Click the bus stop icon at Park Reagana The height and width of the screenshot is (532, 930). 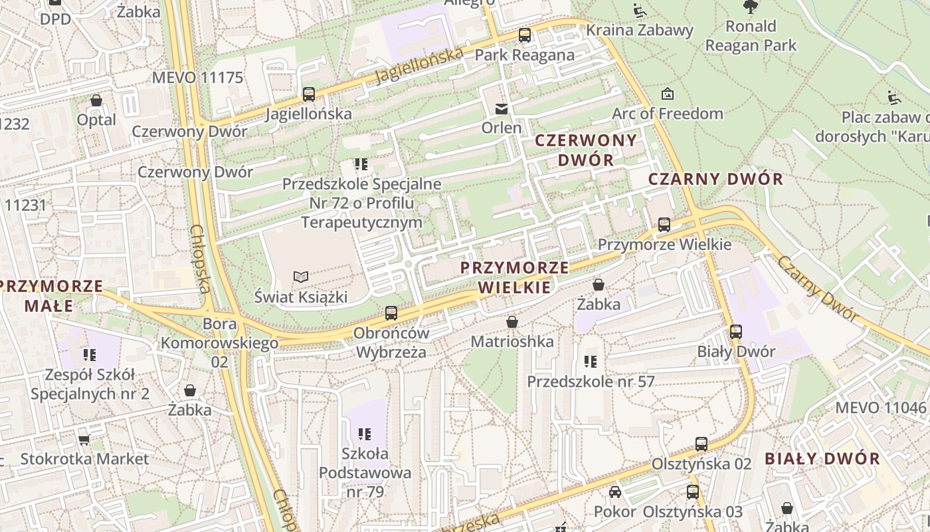[525, 35]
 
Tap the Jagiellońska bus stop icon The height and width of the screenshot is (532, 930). [309, 94]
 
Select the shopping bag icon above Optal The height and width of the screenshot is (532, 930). [96, 100]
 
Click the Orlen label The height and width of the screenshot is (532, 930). [502, 127]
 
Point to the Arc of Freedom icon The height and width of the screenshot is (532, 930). [668, 94]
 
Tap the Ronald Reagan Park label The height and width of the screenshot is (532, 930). [751, 36]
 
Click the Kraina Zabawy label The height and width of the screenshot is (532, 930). [640, 30]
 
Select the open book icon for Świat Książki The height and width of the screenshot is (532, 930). [301, 277]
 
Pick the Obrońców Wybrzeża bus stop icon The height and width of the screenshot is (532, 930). [391, 313]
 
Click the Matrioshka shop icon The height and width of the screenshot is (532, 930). [512, 322]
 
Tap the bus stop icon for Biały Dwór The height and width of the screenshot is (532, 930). [735, 331]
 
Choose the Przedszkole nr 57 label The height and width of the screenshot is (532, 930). [591, 382]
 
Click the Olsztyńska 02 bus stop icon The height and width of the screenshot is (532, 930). [701, 444]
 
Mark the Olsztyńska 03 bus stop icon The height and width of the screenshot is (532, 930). [693, 492]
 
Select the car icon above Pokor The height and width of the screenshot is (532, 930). [615, 492]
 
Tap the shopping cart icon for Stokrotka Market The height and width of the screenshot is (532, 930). [84, 440]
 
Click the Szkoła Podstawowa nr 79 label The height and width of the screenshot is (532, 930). [365, 473]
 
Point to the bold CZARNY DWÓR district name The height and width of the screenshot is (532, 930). [715, 179]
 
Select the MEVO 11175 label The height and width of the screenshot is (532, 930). [197, 78]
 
